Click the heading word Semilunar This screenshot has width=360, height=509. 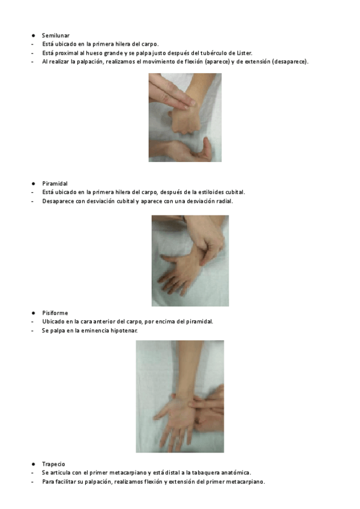[x=56, y=35]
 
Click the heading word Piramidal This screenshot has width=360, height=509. [x=55, y=184]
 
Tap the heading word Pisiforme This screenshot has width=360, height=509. [x=55, y=313]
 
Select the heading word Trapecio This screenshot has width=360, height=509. [x=53, y=464]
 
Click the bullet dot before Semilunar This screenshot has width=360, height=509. [x=33, y=35]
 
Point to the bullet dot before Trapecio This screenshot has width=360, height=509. [x=33, y=464]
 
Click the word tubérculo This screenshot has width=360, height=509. [x=213, y=53]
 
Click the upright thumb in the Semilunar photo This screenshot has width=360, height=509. [x=206, y=148]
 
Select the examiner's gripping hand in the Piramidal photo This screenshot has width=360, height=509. [x=206, y=239]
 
